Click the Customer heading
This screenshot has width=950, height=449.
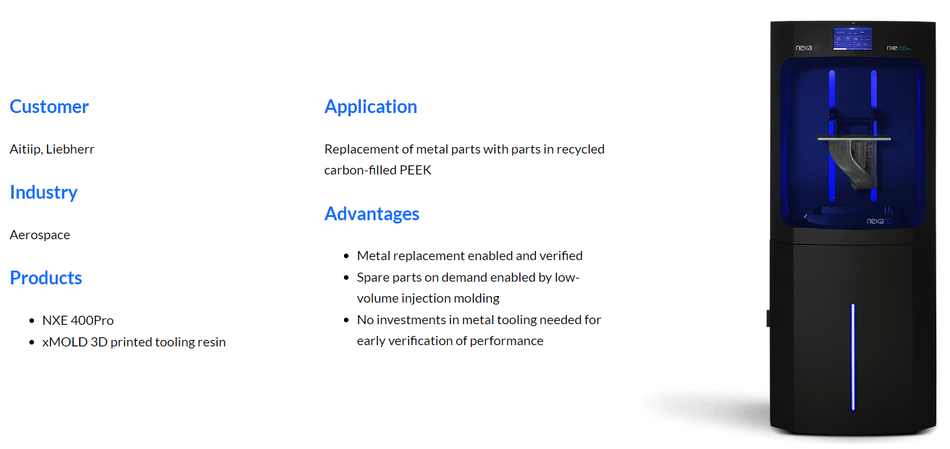(49, 107)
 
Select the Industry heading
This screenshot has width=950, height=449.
(44, 193)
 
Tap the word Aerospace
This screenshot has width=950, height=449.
(40, 235)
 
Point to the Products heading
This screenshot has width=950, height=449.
(46, 278)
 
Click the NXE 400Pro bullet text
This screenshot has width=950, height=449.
(78, 321)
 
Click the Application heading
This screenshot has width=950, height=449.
(371, 107)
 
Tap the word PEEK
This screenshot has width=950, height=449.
(415, 170)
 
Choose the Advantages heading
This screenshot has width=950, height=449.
(372, 214)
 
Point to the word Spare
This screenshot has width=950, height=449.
(371, 278)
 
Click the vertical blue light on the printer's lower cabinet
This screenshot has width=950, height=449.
(852, 356)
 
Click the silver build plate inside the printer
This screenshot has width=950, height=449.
(854, 138)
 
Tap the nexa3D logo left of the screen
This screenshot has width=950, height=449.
(808, 48)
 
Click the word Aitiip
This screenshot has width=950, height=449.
(26, 149)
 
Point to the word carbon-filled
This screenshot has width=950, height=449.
(359, 170)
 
